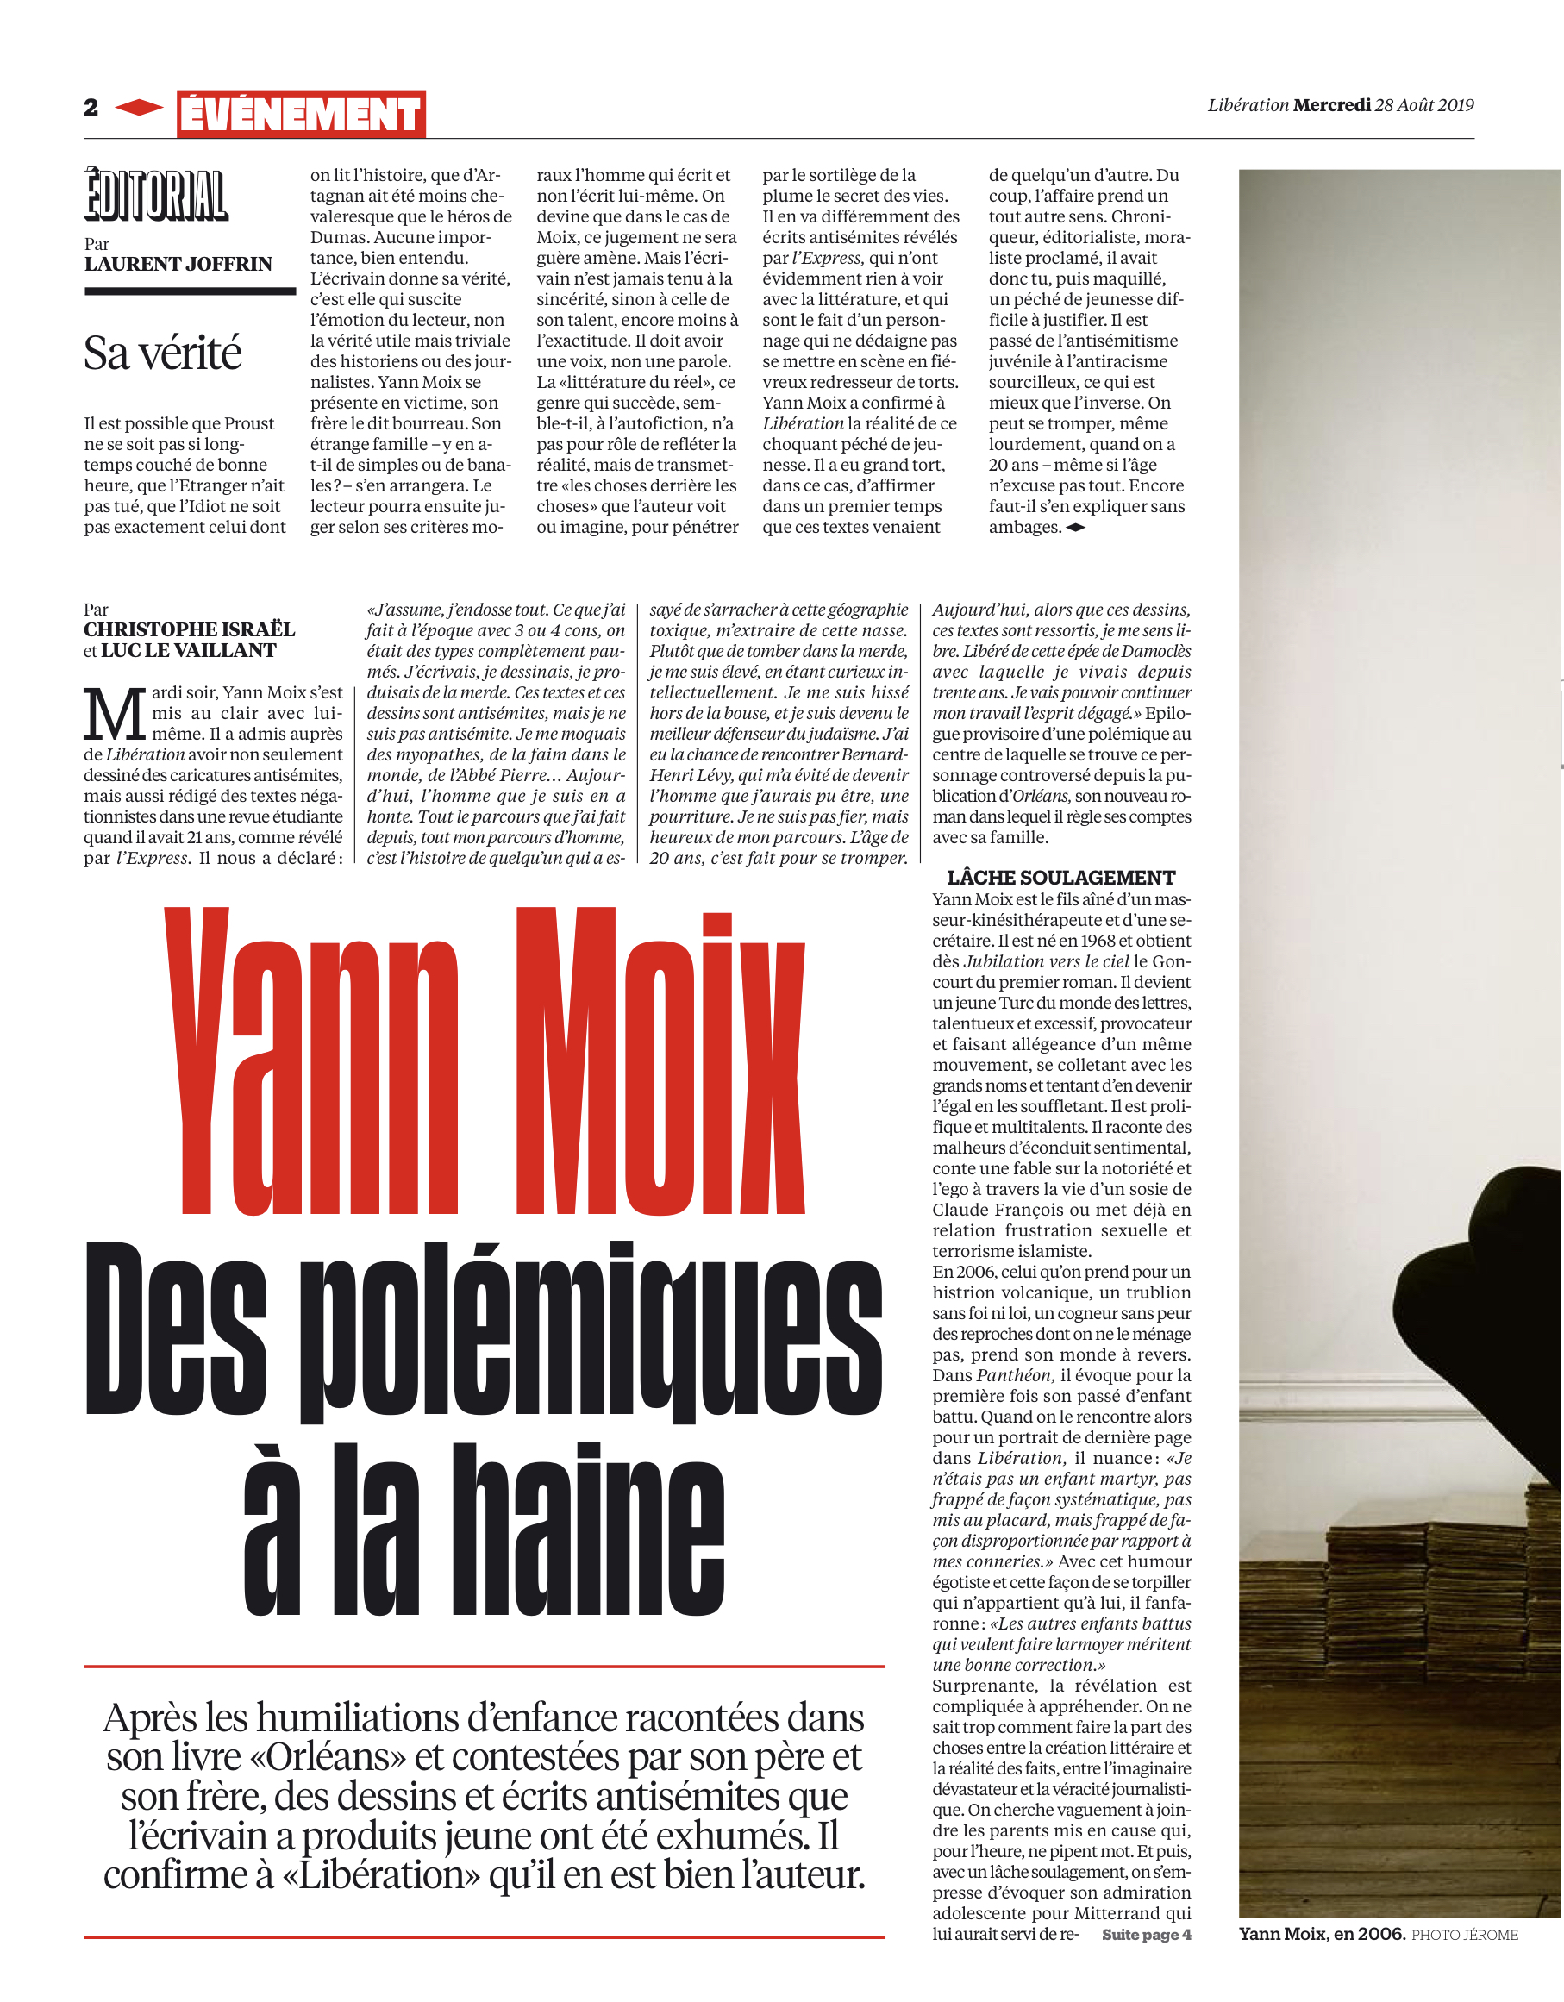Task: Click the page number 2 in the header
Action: pos(91,107)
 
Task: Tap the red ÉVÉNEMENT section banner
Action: pos(301,115)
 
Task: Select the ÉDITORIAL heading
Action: pos(155,195)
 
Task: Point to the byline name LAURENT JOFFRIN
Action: pos(178,264)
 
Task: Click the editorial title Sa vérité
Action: pos(162,353)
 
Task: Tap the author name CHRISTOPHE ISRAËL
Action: pos(189,629)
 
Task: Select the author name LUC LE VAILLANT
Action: pos(188,651)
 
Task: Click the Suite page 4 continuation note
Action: pos(1146,1934)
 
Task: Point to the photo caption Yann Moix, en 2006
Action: pos(1321,1933)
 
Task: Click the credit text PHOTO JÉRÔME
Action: pos(1464,1935)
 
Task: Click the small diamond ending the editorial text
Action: pos(1076,528)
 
